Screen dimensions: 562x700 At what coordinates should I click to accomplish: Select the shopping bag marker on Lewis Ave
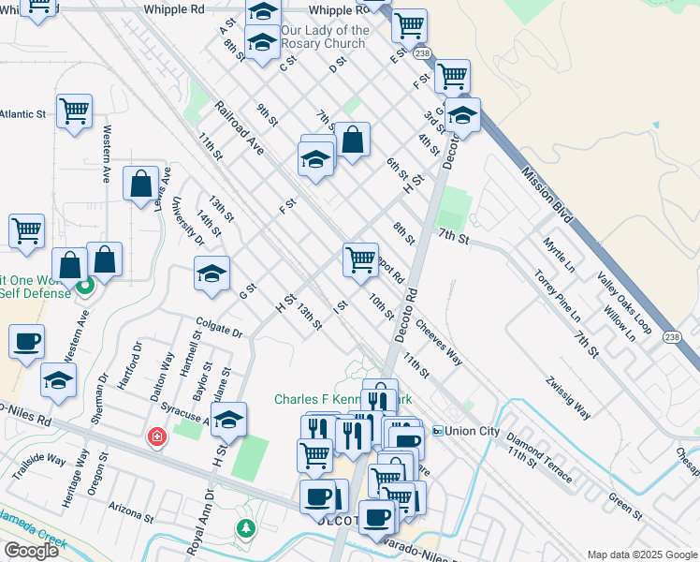[x=140, y=184]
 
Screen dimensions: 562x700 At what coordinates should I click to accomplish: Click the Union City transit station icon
[x=438, y=431]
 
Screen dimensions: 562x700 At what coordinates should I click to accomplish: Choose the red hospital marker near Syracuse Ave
[x=156, y=436]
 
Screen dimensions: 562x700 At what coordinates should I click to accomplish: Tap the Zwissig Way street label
[x=569, y=397]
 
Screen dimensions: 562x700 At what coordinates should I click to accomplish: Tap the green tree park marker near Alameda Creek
[x=246, y=529]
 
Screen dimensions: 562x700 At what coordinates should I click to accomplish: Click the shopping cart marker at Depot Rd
[x=360, y=259]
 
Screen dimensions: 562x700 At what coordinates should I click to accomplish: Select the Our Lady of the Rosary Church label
[x=312, y=37]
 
